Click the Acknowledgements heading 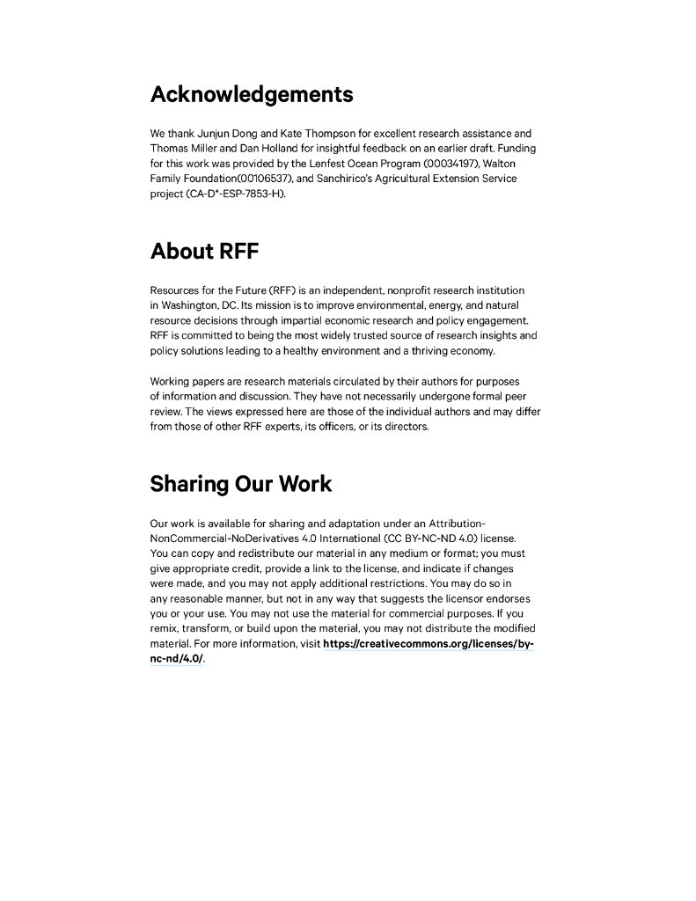252,94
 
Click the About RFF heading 204,251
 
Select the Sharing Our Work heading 240,484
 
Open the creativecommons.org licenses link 428,644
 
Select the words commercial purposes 449,613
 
